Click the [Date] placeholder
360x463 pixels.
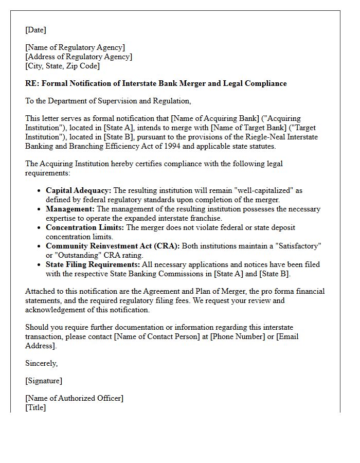point(35,30)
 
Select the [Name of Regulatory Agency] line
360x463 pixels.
point(75,47)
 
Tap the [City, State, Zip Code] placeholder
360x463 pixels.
point(62,66)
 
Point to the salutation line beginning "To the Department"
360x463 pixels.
point(108,101)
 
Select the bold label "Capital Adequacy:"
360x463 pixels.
point(78,190)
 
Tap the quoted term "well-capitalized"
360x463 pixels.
point(263,190)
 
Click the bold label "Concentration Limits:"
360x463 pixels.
point(85,227)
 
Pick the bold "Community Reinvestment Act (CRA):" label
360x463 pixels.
point(113,246)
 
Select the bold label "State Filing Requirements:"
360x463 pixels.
point(93,264)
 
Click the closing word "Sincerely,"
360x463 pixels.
point(41,363)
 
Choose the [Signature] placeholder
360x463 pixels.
point(44,381)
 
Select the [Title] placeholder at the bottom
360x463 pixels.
point(35,407)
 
